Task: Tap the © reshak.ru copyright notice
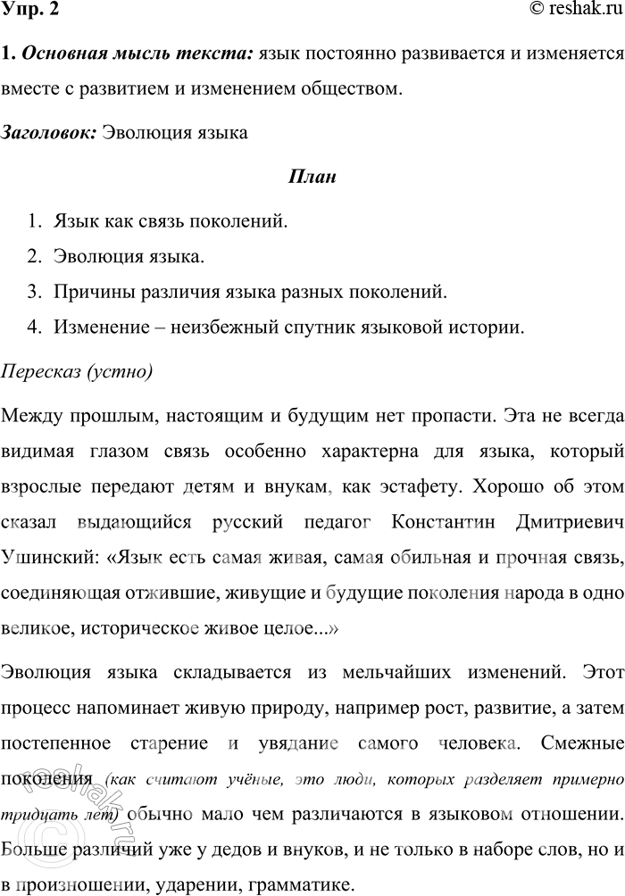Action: point(573,11)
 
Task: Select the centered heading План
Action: point(312,177)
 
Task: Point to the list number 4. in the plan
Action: point(34,328)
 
